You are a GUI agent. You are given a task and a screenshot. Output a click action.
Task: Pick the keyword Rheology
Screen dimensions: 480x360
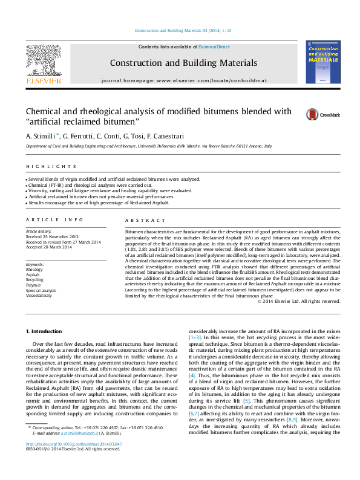pos(34,270)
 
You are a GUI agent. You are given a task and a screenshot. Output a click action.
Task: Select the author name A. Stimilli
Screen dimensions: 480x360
pos(42,137)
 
